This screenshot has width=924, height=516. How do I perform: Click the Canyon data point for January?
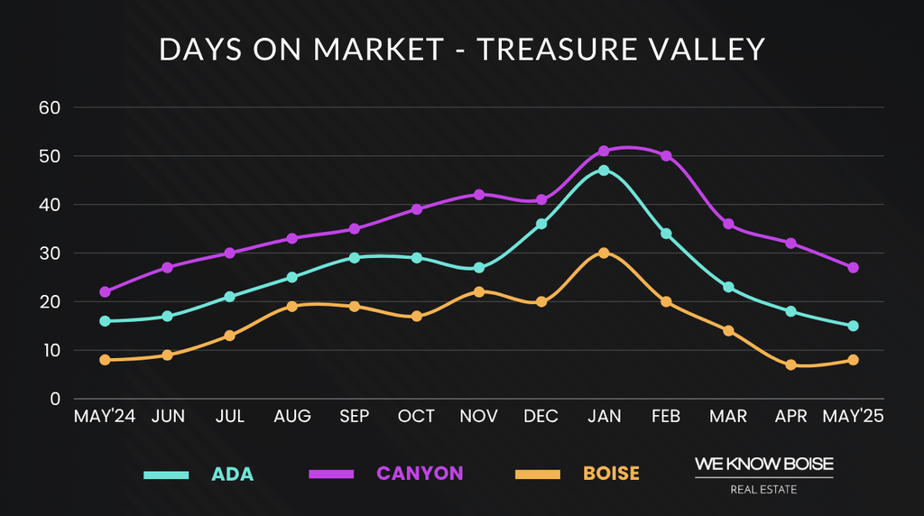tap(604, 151)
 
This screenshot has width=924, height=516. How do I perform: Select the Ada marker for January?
tap(604, 170)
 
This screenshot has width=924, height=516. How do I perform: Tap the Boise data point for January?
tap(604, 253)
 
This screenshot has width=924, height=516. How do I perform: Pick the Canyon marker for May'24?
tap(106, 291)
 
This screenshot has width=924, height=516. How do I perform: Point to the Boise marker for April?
tap(791, 364)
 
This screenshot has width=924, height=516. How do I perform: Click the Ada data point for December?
tap(541, 224)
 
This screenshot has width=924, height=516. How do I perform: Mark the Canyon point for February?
tap(666, 155)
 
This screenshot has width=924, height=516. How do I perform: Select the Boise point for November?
tap(479, 291)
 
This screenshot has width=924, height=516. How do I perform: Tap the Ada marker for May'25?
tap(853, 326)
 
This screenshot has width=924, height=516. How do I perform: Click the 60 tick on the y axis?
tap(48, 107)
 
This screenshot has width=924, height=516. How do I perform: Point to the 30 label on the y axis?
tap(48, 253)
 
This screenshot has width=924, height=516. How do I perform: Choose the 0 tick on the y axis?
tap(54, 399)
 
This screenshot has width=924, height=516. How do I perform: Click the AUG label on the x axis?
tap(292, 417)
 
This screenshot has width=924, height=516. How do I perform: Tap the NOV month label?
tap(479, 417)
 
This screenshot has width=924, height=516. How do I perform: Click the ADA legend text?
tap(233, 474)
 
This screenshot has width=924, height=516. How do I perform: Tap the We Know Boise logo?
tap(763, 475)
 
